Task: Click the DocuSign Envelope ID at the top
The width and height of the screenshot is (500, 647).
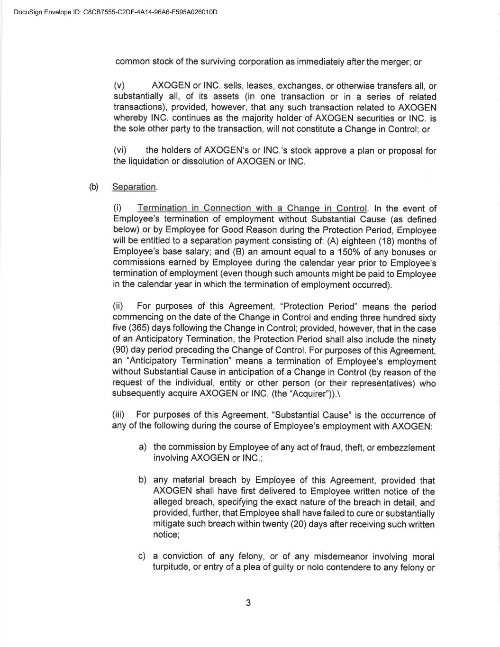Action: (116, 12)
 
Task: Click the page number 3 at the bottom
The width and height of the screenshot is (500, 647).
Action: (248, 603)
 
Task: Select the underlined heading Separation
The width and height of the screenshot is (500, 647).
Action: (134, 187)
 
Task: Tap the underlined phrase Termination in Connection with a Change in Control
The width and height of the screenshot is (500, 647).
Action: (252, 208)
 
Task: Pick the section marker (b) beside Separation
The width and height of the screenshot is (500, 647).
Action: (94, 186)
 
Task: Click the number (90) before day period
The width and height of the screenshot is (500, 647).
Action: (121, 350)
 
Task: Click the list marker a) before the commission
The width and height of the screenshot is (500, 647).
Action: (142, 447)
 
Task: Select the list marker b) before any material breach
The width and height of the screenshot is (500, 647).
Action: (142, 480)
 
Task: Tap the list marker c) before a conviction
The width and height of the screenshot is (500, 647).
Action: (142, 556)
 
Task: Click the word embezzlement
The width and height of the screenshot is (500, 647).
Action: (405, 447)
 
